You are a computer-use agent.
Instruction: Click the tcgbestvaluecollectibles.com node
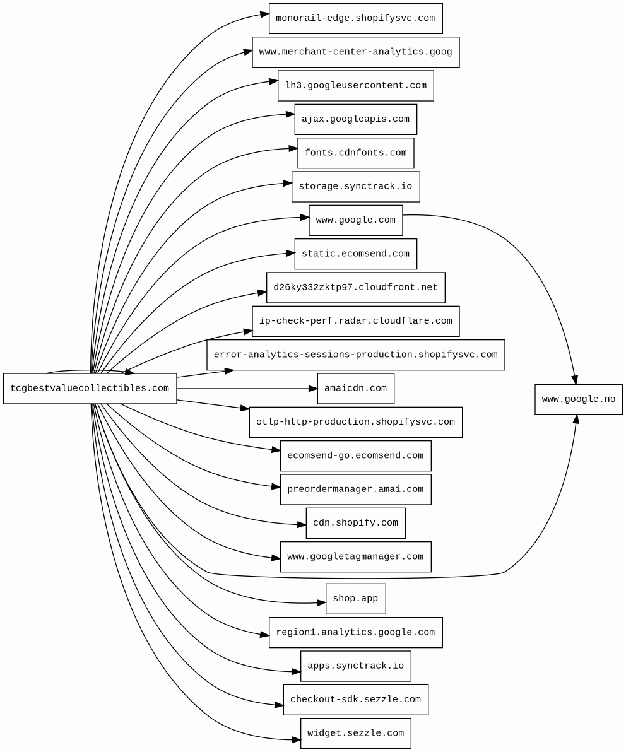(90, 389)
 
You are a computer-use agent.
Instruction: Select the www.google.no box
(578, 399)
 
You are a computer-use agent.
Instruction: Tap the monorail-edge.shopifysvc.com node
(355, 18)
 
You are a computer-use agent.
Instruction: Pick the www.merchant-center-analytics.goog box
(355, 52)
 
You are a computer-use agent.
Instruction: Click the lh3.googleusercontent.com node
(355, 86)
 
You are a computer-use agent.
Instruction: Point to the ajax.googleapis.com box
(355, 119)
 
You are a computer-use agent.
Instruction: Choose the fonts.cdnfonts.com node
(355, 153)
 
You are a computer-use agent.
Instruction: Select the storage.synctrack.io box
(355, 187)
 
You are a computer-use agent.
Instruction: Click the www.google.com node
(355, 220)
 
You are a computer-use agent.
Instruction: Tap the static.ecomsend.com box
(355, 254)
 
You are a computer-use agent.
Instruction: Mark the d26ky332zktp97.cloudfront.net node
(355, 288)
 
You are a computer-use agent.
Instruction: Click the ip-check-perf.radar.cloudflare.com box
(355, 321)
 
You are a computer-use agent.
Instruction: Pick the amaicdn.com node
(355, 389)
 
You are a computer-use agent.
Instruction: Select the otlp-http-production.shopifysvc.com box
(355, 422)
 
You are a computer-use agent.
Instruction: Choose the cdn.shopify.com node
(355, 523)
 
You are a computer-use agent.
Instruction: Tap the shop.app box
(355, 599)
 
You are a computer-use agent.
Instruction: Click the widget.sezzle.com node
(355, 733)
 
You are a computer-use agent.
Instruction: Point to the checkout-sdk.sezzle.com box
(355, 700)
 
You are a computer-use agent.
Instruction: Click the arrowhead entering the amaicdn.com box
(313, 389)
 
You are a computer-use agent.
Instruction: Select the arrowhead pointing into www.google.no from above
(574, 380)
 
